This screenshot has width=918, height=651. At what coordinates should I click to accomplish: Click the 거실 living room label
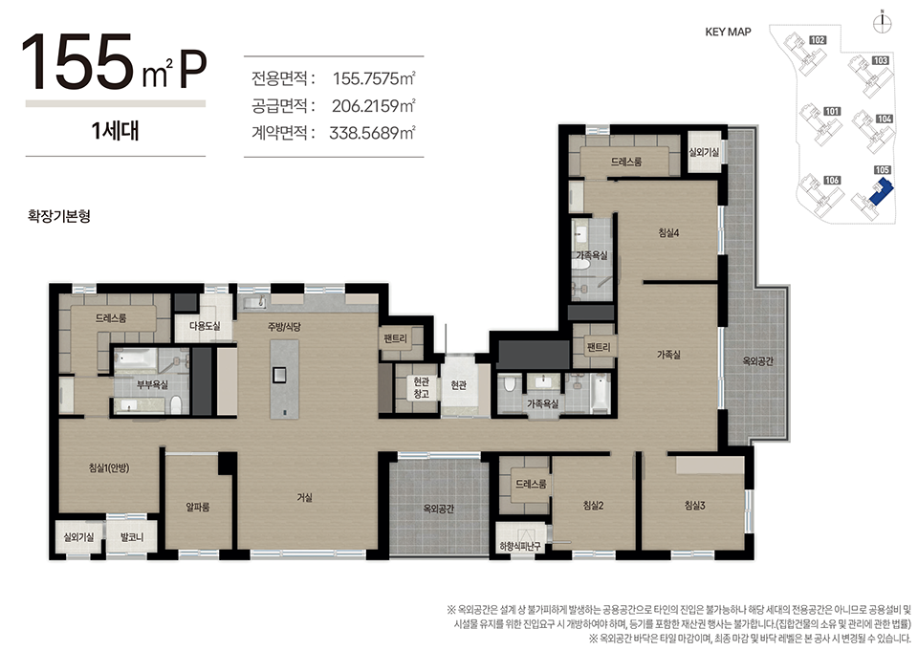tap(304, 498)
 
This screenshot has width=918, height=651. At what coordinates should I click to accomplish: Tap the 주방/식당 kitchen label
tap(284, 327)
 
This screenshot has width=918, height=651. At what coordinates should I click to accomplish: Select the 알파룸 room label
tap(198, 507)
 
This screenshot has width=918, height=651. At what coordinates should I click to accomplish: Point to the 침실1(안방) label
tap(109, 467)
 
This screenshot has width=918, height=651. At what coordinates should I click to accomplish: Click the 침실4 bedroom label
tap(668, 233)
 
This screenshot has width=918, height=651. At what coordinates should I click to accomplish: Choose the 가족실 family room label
tap(668, 355)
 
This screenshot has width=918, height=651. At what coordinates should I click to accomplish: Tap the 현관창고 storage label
tap(421, 387)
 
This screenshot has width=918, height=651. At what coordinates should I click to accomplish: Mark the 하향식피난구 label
tap(520, 547)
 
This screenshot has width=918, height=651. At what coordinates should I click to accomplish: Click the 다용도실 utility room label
tap(205, 326)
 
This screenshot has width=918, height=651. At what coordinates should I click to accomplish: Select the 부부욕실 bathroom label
tap(152, 384)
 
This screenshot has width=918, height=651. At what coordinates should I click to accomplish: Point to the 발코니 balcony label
tap(132, 537)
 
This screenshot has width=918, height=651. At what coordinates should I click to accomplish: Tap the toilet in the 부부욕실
tap(176, 402)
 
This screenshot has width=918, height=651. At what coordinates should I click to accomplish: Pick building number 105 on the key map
tap(883, 170)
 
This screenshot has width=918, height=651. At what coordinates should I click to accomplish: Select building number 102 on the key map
tap(818, 40)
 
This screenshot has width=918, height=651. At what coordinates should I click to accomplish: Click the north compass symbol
tap(882, 22)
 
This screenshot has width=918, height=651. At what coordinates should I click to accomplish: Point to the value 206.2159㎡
tap(374, 106)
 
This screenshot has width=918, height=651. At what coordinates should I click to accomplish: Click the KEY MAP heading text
tap(728, 33)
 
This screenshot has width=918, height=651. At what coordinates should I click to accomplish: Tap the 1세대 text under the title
tap(116, 131)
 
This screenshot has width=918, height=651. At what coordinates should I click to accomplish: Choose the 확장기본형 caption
tap(59, 216)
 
